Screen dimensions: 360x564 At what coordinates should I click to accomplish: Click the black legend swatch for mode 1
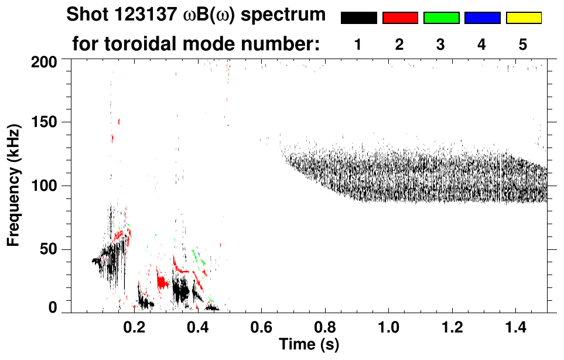(x=358, y=18)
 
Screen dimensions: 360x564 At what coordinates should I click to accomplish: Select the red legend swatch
(x=400, y=18)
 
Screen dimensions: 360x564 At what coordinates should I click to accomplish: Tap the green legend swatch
(x=441, y=18)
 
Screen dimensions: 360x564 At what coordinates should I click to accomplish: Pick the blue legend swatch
(x=482, y=18)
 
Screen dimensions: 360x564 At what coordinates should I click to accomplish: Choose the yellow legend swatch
(x=524, y=18)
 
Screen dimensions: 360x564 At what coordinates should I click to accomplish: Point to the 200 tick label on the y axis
(x=45, y=61)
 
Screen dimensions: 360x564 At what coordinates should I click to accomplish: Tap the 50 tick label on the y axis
(x=49, y=249)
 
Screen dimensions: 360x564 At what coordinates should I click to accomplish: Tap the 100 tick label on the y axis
(x=45, y=186)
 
